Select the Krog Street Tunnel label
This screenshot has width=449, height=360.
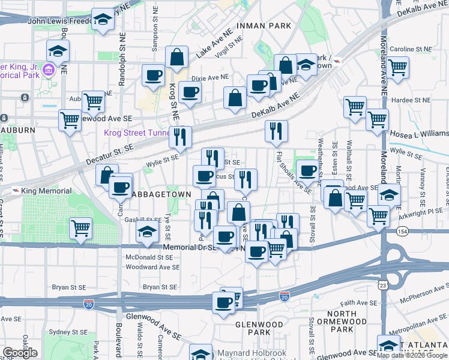136,133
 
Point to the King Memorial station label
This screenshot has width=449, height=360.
41,191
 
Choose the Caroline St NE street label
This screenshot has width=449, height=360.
411,49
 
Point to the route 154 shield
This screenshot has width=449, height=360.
400,231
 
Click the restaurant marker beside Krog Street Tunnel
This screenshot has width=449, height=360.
180,137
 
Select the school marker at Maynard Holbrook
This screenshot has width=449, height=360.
201,353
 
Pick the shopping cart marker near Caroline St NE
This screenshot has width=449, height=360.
398,67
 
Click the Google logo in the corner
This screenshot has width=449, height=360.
20,353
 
